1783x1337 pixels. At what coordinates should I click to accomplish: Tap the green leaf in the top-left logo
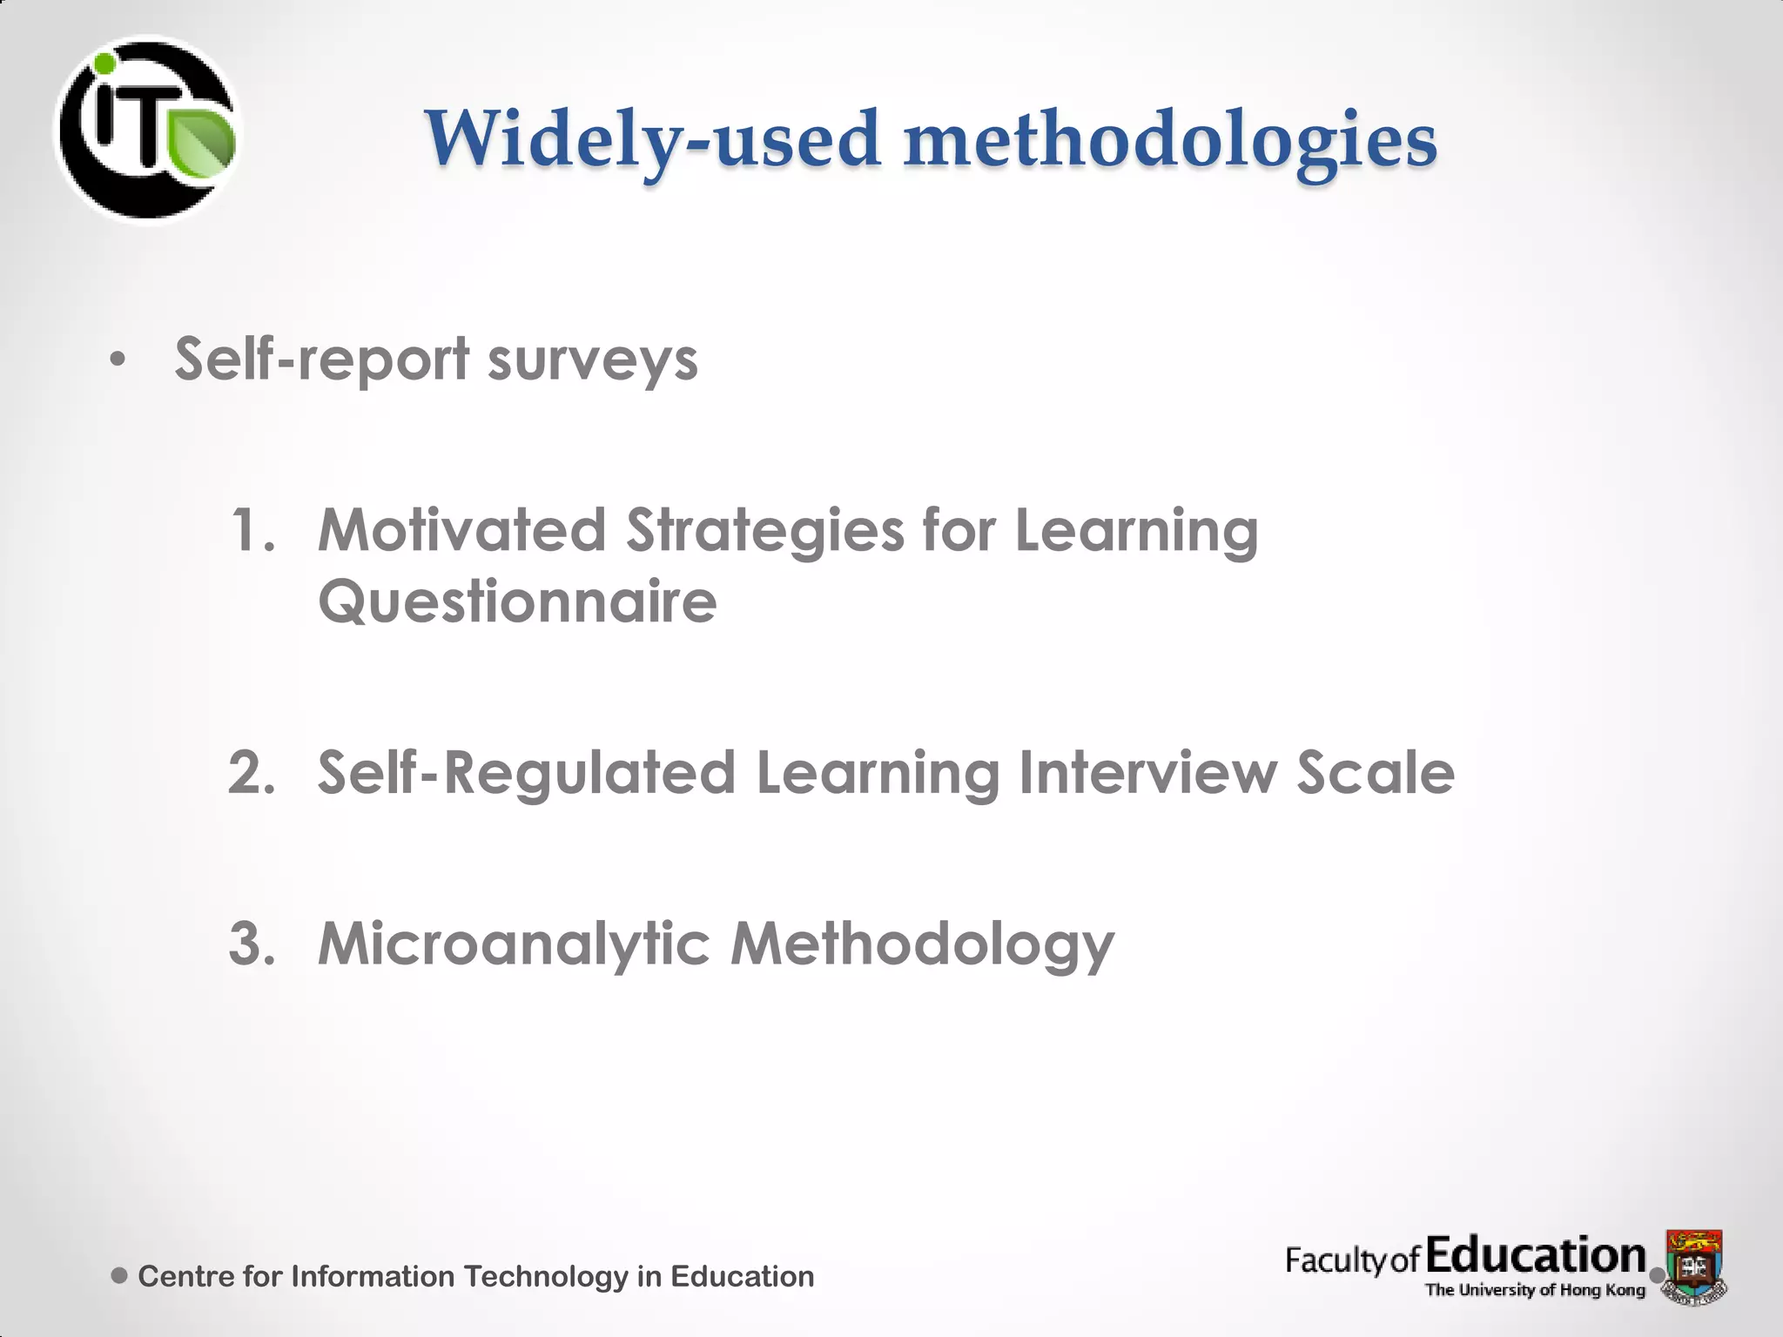(201, 142)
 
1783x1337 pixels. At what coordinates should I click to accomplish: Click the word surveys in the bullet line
(592, 359)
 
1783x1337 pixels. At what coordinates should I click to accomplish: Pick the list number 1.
(252, 530)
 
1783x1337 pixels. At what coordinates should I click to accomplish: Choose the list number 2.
(252, 772)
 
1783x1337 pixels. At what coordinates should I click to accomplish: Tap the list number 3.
(252, 944)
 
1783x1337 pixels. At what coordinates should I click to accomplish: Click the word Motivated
(461, 530)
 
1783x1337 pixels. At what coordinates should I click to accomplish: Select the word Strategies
(765, 532)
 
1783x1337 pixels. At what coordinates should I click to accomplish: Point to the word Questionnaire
(517, 601)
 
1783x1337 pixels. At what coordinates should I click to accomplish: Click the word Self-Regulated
(526, 772)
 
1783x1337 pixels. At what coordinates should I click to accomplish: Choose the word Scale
(1375, 772)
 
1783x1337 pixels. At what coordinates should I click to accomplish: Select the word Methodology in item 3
(922, 945)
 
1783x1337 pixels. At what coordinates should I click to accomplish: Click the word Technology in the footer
(545, 1276)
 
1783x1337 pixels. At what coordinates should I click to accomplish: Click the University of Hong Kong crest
(1694, 1265)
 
